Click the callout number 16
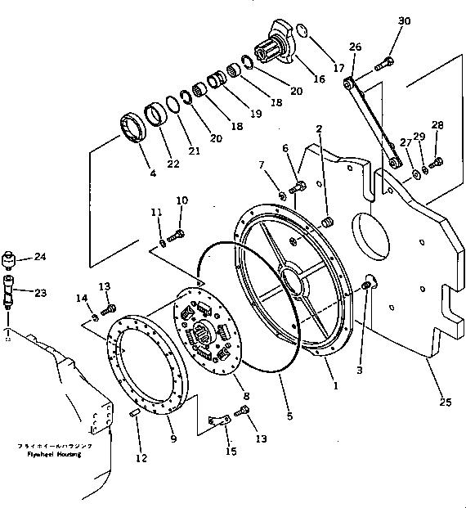tap(317, 80)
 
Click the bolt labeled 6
tap(297, 187)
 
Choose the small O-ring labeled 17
tap(301, 33)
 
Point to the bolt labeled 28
tap(435, 161)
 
